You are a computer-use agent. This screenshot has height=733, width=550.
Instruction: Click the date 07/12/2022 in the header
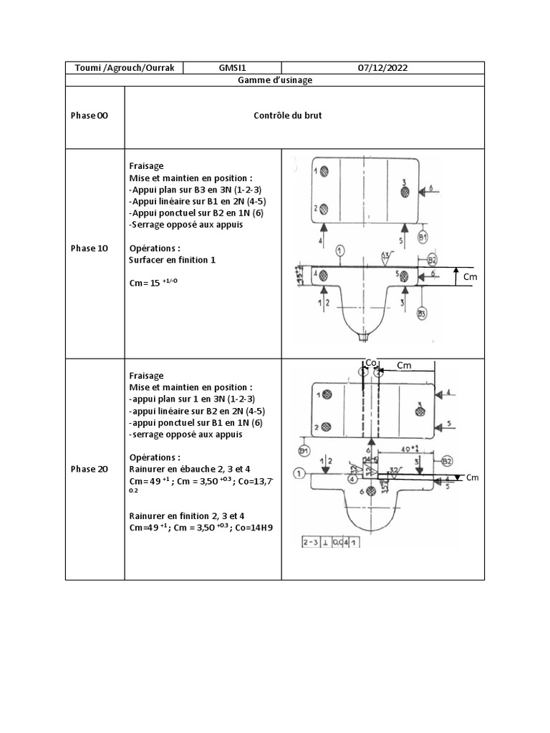[x=382, y=67]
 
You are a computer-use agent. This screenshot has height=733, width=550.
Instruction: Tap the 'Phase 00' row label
[x=90, y=116]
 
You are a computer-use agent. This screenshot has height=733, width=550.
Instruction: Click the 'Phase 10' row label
[x=90, y=248]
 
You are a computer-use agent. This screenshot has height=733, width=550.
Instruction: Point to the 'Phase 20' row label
[x=90, y=469]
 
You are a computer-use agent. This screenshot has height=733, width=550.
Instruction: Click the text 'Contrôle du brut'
[x=288, y=115]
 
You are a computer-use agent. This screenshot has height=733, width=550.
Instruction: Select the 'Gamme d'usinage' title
[x=275, y=80]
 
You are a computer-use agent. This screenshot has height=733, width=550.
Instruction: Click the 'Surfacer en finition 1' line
[x=172, y=260]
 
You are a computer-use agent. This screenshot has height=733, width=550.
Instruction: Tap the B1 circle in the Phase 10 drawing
[x=423, y=237]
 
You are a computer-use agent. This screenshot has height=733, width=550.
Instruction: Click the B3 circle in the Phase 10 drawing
[x=423, y=313]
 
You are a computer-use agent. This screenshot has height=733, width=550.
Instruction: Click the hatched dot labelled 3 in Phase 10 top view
[x=404, y=191]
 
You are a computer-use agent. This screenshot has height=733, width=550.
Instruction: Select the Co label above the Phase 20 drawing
[x=370, y=364]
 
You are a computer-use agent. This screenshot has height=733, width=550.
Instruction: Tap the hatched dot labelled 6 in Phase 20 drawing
[x=370, y=492]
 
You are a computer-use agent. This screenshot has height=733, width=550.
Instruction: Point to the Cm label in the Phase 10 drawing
[x=471, y=276]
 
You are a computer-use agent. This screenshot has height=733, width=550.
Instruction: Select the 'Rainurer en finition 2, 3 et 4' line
[x=187, y=515]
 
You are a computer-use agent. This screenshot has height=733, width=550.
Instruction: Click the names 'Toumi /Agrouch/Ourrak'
[x=125, y=67]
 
